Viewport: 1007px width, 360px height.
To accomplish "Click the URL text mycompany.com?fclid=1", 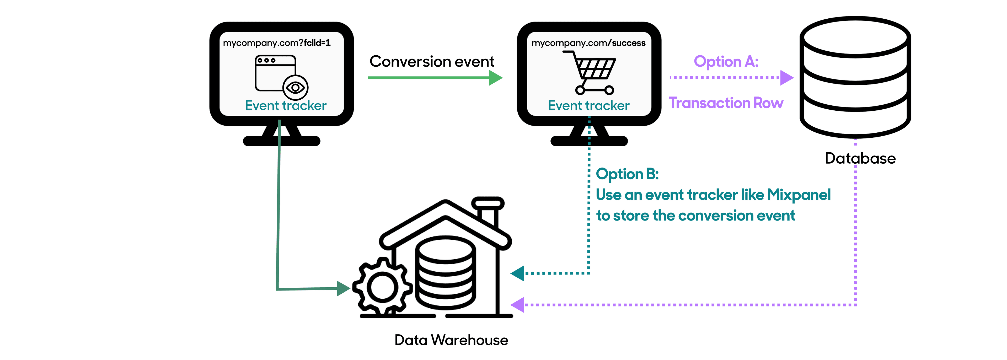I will [276, 42].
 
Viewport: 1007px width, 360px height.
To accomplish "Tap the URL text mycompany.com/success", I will [588, 42].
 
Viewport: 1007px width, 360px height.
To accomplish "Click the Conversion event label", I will [432, 61].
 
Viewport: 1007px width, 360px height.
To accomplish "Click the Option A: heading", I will [726, 61].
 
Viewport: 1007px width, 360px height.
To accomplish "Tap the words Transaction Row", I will [726, 103].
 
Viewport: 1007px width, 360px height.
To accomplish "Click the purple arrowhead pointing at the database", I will [786, 77].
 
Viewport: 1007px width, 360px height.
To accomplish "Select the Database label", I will [860, 158].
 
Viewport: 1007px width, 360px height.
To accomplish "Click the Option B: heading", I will [627, 174].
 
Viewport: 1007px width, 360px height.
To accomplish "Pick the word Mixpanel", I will [799, 195].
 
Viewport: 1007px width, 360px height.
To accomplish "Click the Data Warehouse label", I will [451, 340].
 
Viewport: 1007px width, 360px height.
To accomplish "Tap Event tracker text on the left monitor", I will [286, 106].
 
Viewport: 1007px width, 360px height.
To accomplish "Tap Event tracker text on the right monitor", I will [589, 106].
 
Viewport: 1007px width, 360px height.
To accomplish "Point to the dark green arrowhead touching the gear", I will [343, 288].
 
